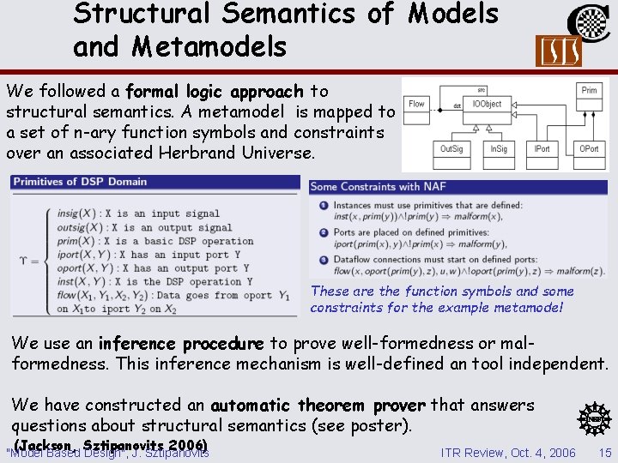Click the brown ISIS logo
(558, 51)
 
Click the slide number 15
(605, 452)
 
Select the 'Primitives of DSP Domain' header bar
(154, 183)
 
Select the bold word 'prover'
(398, 405)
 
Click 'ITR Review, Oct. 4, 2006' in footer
(508, 452)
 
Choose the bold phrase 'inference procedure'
(181, 343)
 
